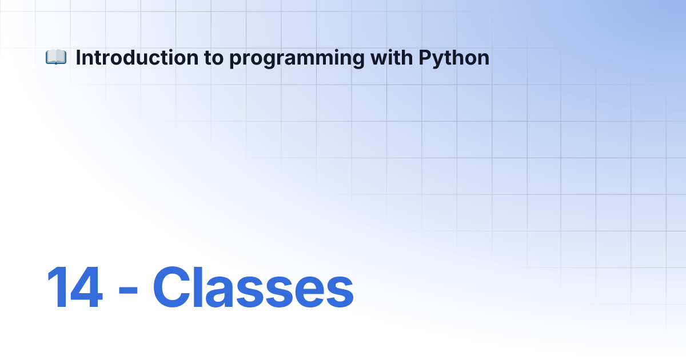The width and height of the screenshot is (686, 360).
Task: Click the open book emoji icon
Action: [x=56, y=57]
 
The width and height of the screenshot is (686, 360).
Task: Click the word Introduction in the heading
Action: [x=137, y=58]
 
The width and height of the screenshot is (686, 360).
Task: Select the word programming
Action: [x=297, y=59]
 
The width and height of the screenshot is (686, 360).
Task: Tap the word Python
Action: [x=454, y=58]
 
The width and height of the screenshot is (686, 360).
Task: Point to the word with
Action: [x=392, y=57]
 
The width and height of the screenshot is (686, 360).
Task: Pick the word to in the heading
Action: [x=214, y=58]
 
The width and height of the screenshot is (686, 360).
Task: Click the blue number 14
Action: [x=74, y=287]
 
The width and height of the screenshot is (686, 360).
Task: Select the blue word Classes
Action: [x=253, y=287]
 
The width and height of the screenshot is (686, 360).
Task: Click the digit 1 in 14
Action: [x=57, y=287]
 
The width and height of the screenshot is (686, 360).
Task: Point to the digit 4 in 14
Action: [x=87, y=287]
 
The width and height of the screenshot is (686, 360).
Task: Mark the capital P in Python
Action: [x=426, y=57]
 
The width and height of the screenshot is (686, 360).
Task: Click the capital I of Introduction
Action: [x=78, y=57]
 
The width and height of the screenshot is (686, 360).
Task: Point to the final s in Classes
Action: [x=340, y=292]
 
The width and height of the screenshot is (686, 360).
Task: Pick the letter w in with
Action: [x=379, y=59]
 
